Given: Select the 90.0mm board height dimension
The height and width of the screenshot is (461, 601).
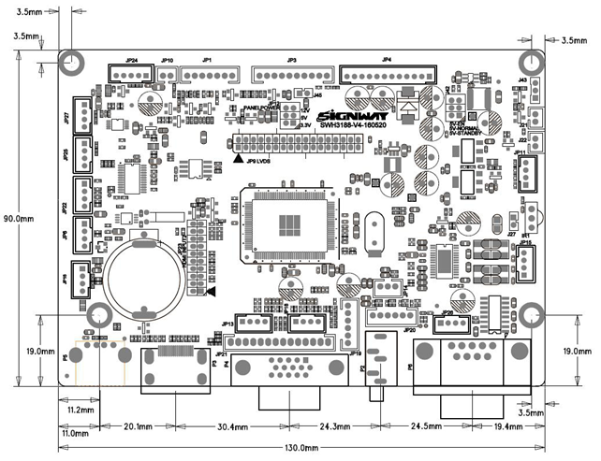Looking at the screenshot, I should pos(20,218).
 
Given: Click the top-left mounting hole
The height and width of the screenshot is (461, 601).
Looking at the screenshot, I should pos(73,62).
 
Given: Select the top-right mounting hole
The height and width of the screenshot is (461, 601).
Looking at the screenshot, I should pos(531,62).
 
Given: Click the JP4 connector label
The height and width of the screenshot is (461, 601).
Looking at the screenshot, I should pos(387,60).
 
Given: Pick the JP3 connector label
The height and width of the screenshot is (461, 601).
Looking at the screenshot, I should pos(292,60).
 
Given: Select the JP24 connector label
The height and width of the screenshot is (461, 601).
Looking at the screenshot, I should pos(132,60).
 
